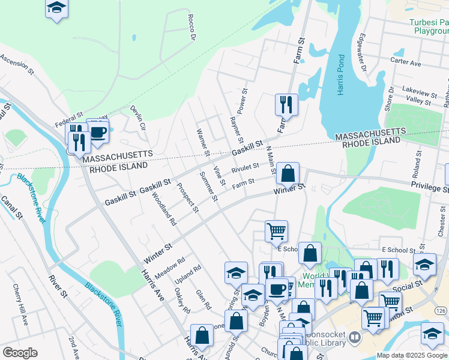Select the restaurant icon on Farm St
pyautogui.click(x=286, y=104)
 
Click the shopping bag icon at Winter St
pyautogui.click(x=288, y=173)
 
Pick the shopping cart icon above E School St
pyautogui.click(x=276, y=230)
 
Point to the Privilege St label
pyautogui.click(x=430, y=188)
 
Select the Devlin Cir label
pyautogui.click(x=138, y=118)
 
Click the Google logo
pyautogui.click(x=20, y=353)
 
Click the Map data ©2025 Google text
pyautogui.click(x=412, y=355)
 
